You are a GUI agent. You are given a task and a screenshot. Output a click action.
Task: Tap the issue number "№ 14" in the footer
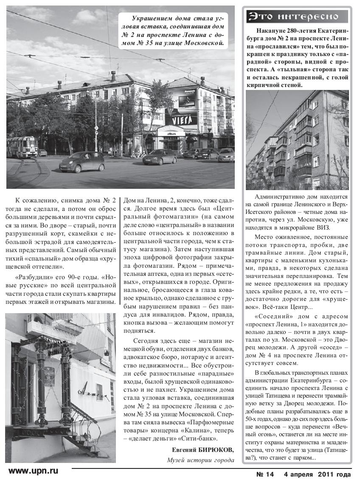267,474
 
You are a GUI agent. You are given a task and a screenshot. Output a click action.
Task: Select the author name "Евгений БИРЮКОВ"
203,450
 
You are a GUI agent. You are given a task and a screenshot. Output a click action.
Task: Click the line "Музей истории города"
200,460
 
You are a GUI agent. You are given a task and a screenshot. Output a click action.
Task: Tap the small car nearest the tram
82,162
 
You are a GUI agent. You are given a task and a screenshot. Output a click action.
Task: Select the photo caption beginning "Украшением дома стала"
177,31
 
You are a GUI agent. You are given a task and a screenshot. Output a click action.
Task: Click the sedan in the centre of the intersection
159,157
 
